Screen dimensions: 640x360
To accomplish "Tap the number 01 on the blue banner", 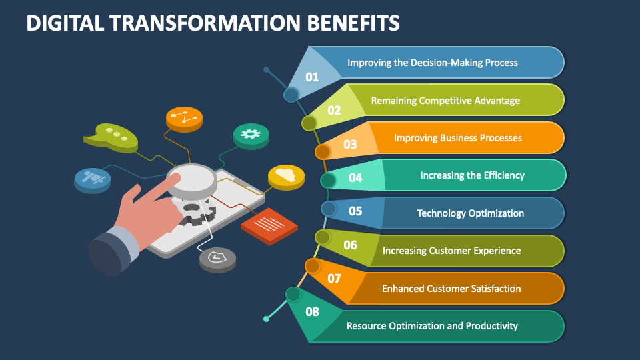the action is [312, 77].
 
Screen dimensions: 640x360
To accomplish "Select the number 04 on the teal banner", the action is [355, 177].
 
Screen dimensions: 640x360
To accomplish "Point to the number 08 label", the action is [312, 311].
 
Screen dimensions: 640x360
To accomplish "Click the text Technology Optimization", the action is [470, 213].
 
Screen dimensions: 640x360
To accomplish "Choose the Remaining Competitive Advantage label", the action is [445, 101].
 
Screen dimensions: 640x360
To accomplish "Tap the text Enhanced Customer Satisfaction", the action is [451, 289].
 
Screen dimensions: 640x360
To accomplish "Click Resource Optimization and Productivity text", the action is [432, 326].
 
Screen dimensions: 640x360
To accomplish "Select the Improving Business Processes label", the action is [457, 138].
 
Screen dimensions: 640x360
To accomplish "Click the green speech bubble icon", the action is [111, 137].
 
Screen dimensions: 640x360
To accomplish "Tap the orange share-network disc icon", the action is [183, 119].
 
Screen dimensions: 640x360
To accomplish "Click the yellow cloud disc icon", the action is [286, 176].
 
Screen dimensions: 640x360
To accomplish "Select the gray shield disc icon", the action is [217, 259].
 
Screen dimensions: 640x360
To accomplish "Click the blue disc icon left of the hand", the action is [92, 179].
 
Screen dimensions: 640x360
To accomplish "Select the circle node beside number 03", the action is [323, 152].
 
